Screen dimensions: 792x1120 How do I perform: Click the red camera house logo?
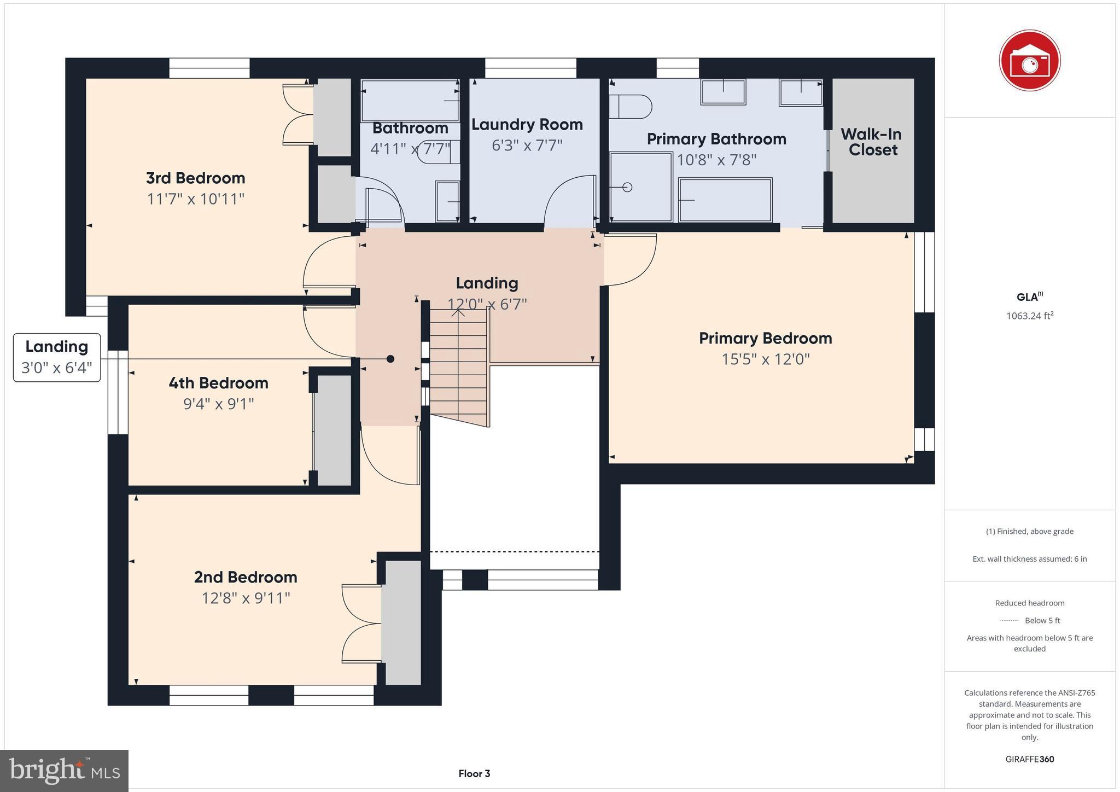point(1029,60)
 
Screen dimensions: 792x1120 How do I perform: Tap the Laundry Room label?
point(527,125)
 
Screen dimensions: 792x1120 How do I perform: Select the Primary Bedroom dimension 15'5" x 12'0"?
point(765,359)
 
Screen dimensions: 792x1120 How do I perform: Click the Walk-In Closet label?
point(872,142)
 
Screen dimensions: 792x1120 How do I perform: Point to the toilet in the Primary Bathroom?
point(630,107)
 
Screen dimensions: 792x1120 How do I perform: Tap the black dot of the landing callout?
point(390,359)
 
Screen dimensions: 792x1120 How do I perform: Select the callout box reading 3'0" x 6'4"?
point(57,358)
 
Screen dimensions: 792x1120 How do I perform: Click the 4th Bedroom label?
point(218,383)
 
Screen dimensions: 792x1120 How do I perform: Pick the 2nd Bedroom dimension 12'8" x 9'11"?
point(246,598)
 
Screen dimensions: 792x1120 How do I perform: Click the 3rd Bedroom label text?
point(195,178)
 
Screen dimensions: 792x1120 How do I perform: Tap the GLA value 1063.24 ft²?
point(1029,316)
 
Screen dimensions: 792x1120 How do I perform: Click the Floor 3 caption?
point(474,773)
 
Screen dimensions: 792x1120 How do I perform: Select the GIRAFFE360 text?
point(1029,759)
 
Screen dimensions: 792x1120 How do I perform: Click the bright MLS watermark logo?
point(65,771)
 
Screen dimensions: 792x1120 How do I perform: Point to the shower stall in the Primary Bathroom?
point(640,188)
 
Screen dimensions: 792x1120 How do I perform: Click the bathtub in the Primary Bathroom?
point(725,200)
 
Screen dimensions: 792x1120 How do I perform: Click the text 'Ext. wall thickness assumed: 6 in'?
point(1029,559)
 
